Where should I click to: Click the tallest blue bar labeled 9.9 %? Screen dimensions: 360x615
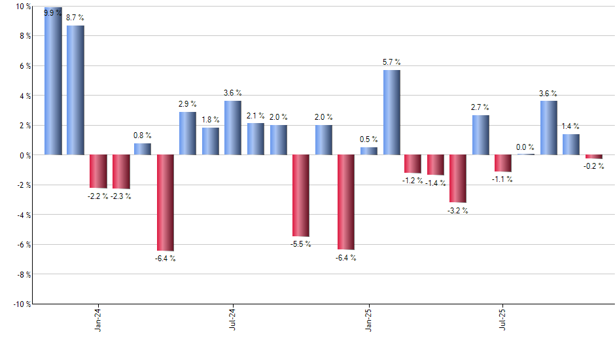[x=53, y=81]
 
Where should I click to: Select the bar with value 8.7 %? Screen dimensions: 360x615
[x=75, y=90]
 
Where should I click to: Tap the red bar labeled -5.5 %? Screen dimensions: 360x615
[x=301, y=195]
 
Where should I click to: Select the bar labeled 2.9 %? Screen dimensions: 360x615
[x=188, y=134]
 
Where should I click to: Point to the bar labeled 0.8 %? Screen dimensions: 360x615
[x=143, y=149]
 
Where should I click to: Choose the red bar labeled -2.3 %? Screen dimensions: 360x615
[x=120, y=171]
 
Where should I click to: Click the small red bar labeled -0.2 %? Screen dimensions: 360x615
[x=594, y=157]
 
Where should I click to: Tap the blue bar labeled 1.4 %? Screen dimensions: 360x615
[x=571, y=145]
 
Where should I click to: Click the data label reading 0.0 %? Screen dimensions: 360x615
[x=525, y=147]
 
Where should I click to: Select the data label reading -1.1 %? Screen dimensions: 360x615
[x=503, y=179]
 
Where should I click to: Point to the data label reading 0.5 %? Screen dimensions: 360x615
[x=369, y=139]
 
